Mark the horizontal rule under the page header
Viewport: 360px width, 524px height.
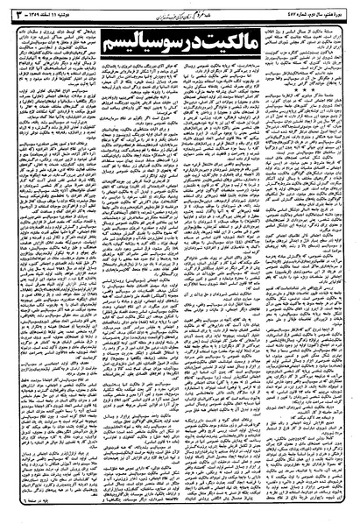[x=180, y=16]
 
